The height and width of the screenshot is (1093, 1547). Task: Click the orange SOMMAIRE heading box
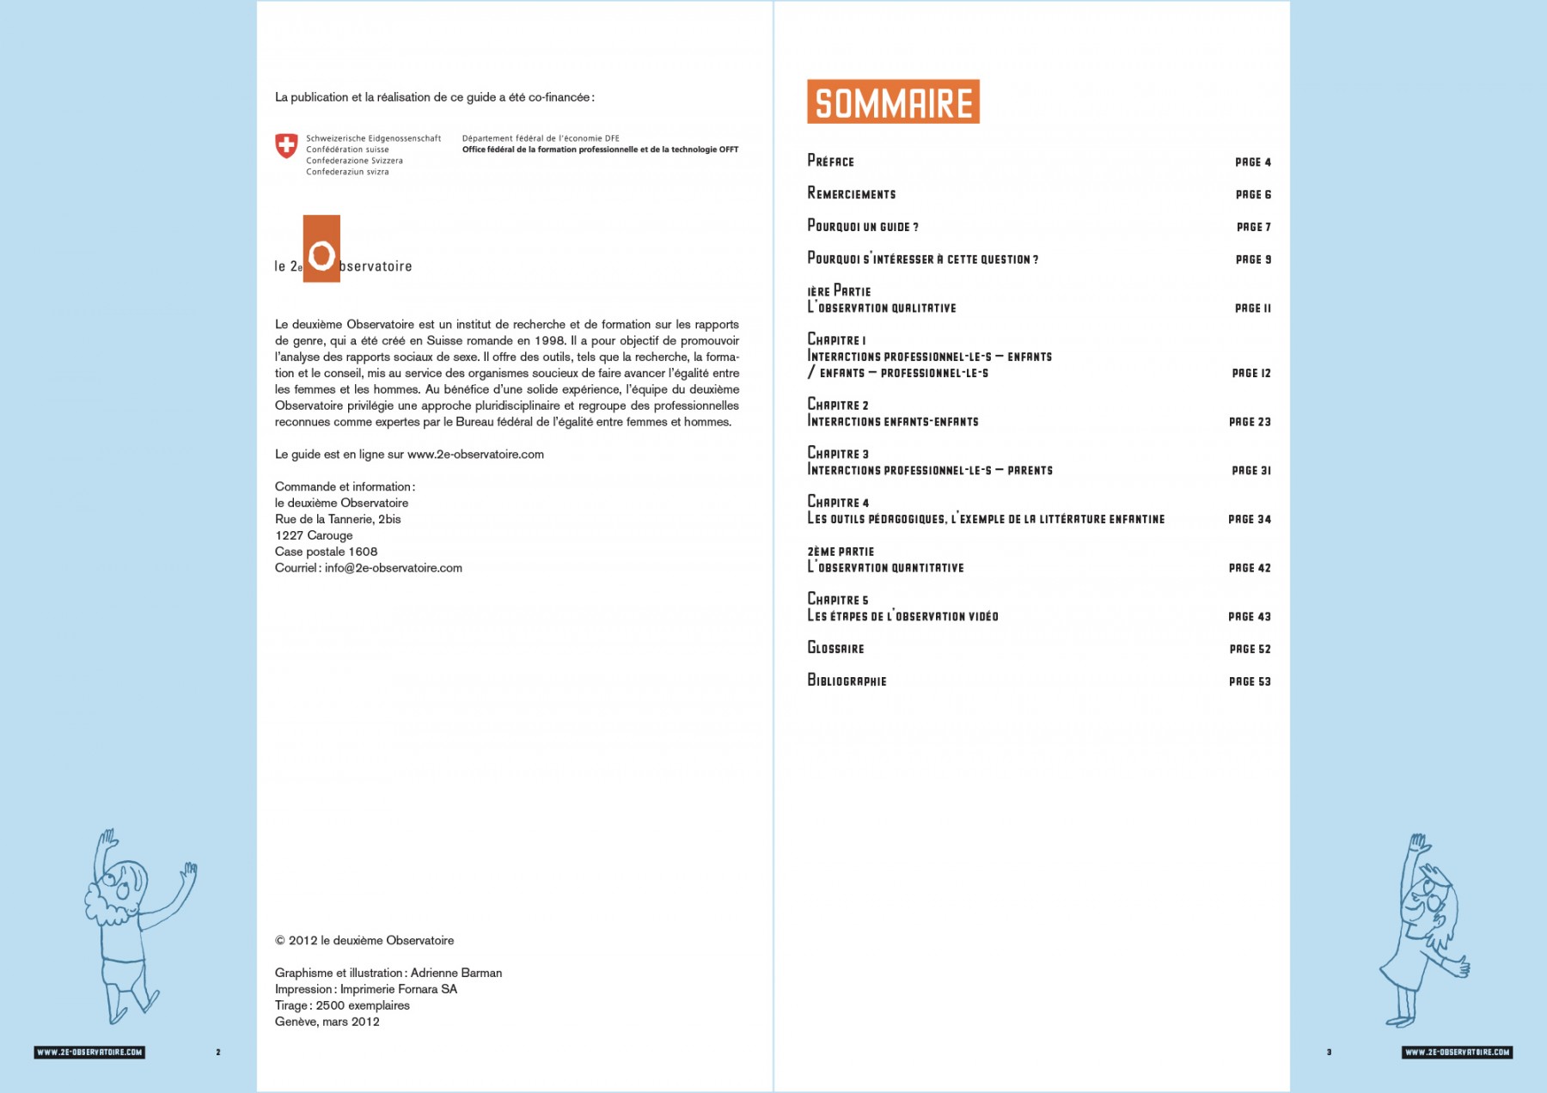coord(893,101)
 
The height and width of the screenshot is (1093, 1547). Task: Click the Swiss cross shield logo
coord(286,145)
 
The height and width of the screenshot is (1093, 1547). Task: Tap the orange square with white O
coord(321,248)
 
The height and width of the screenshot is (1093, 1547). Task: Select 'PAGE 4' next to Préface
coord(1252,162)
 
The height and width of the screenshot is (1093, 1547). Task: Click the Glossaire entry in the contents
coord(835,648)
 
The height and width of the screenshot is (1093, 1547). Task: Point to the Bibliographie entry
coord(847,681)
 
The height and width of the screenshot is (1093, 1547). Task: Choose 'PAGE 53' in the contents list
coord(1249,681)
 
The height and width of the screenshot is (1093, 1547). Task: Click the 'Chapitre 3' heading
coord(838,453)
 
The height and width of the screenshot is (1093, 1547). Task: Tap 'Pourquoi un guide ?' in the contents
coord(863,226)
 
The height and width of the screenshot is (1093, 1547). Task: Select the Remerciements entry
coord(852,193)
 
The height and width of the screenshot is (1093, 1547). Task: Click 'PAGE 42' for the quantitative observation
coord(1249,568)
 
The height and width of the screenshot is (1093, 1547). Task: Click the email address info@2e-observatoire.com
coord(394,568)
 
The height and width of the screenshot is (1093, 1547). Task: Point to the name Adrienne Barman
coord(456,973)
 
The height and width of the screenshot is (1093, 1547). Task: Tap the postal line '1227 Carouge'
coord(314,535)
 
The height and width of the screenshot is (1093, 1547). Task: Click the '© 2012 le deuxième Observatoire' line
coord(364,940)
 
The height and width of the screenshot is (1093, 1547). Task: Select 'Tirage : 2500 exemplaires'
coord(342,1005)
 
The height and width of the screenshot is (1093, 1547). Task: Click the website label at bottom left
coord(89,1052)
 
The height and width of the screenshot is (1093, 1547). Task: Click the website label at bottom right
coord(1457,1052)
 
